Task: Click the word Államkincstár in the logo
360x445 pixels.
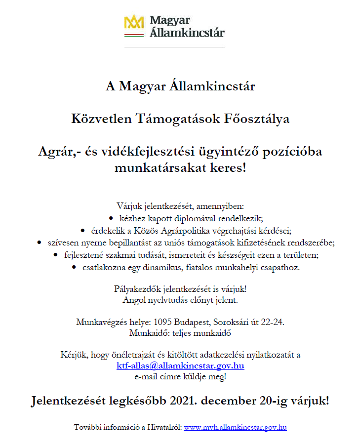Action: coord(187,33)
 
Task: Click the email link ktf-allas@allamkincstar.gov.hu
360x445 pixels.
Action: coord(180,366)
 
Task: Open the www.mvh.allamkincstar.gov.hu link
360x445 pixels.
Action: coord(235,427)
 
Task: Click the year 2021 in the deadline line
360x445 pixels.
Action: coord(184,401)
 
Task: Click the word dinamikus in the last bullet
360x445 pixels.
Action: coord(181,267)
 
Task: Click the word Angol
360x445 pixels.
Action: coord(134,299)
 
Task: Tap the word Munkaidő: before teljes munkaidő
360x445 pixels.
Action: coord(147,332)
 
